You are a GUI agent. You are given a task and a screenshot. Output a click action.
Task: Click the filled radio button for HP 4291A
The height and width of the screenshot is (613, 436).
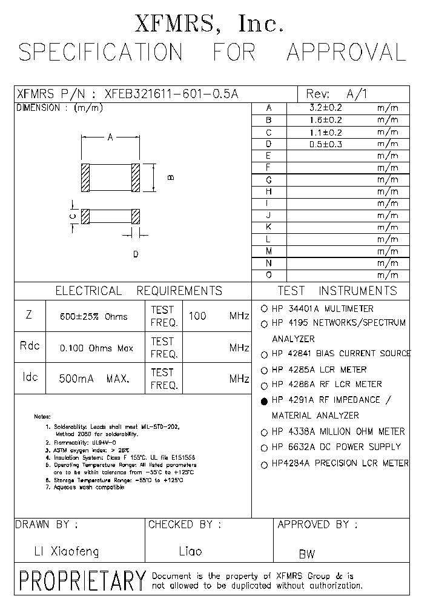click(x=264, y=401)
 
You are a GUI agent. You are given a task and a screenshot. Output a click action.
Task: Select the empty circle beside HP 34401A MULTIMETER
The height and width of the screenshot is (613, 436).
click(x=264, y=308)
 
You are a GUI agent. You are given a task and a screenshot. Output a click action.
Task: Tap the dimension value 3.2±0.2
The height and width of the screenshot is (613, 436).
click(x=325, y=108)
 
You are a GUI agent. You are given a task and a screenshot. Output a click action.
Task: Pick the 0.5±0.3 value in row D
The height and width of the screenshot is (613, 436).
click(x=325, y=144)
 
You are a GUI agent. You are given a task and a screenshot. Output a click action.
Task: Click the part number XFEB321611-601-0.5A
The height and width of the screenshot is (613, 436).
click(x=172, y=94)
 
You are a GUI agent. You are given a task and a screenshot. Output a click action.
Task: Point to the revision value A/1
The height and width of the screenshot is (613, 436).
click(x=357, y=94)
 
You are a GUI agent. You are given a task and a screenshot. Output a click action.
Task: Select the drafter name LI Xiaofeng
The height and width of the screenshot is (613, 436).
click(x=66, y=551)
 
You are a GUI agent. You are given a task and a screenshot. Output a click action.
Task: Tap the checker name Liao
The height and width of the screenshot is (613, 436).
click(x=190, y=551)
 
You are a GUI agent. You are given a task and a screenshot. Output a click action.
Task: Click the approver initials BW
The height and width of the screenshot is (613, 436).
click(x=306, y=554)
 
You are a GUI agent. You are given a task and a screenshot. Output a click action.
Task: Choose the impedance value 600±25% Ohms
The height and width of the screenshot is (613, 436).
click(x=94, y=316)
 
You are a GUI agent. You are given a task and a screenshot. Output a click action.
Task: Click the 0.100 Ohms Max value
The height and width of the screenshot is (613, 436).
click(x=96, y=348)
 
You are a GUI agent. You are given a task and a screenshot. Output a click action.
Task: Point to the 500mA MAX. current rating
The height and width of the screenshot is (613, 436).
click(x=94, y=379)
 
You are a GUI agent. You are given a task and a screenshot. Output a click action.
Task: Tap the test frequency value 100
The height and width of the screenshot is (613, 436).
click(x=197, y=316)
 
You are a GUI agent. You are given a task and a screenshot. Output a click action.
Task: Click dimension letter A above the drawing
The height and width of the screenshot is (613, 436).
click(x=111, y=138)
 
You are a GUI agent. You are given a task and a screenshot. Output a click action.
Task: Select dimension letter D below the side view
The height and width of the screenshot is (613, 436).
click(x=136, y=254)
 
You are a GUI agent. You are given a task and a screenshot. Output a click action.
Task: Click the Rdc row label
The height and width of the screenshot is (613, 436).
click(x=30, y=346)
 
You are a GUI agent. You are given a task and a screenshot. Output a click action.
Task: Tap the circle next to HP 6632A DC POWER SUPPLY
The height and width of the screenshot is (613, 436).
click(x=264, y=448)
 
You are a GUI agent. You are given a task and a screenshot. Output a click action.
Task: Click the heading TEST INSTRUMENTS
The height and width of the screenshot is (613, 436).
click(x=337, y=291)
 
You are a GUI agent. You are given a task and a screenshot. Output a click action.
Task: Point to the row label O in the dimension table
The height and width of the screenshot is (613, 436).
click(x=268, y=275)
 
